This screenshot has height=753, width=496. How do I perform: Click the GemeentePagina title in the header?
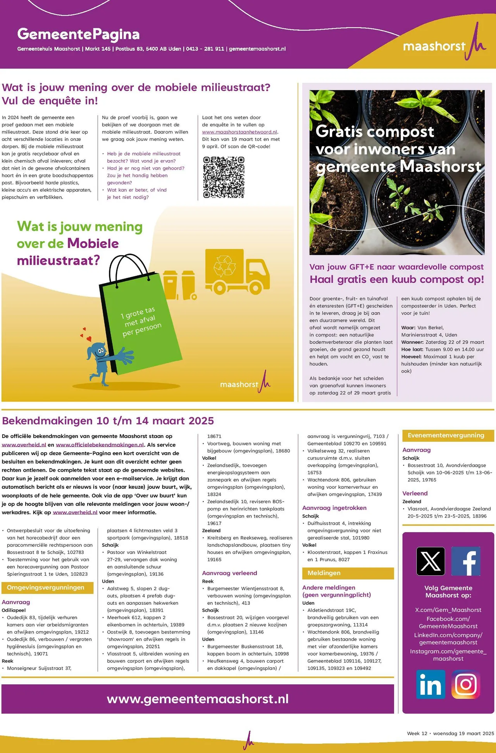pyautogui.click(x=78, y=34)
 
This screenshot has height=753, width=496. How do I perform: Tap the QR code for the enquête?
pyautogui.click(x=224, y=177)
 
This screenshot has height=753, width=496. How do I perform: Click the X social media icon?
pyautogui.click(x=431, y=561)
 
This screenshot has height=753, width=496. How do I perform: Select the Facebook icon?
pyautogui.click(x=466, y=561)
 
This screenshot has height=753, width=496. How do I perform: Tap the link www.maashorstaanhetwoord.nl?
pyautogui.click(x=239, y=132)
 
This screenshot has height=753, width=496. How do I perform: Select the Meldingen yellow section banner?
pyautogui.click(x=348, y=573)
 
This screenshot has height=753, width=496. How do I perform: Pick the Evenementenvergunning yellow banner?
pyautogui.click(x=448, y=436)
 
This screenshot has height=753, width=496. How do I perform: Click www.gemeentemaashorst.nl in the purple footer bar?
pyautogui.click(x=198, y=699)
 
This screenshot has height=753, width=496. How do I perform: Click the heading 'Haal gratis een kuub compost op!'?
pyautogui.click(x=396, y=279)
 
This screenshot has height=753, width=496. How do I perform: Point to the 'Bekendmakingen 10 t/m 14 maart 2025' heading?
pyautogui.click(x=108, y=421)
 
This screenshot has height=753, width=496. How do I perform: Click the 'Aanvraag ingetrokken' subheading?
pyautogui.click(x=334, y=508)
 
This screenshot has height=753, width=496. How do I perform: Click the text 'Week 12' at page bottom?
pyautogui.click(x=417, y=733)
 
